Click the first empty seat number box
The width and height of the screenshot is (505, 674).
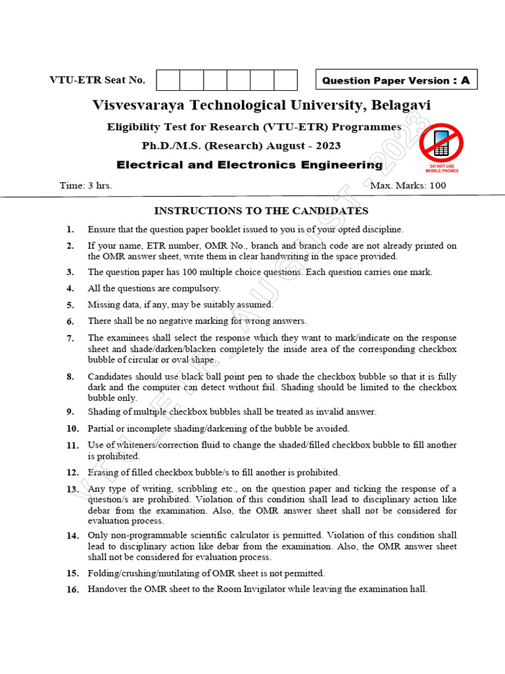point(168,80)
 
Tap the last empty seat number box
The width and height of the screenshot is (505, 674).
point(286,80)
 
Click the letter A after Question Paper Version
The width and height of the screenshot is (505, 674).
point(465,80)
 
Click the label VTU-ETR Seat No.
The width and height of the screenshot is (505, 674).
point(97,80)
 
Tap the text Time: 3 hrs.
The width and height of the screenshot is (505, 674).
point(85,186)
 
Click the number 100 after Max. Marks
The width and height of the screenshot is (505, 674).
point(437,186)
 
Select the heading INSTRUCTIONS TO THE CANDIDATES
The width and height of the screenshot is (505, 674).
point(261,211)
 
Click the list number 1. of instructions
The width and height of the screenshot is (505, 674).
point(70,230)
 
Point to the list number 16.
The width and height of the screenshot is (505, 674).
point(72,590)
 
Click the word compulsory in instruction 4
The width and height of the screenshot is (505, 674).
point(196,288)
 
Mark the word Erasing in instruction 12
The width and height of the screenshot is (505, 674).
point(103,473)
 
